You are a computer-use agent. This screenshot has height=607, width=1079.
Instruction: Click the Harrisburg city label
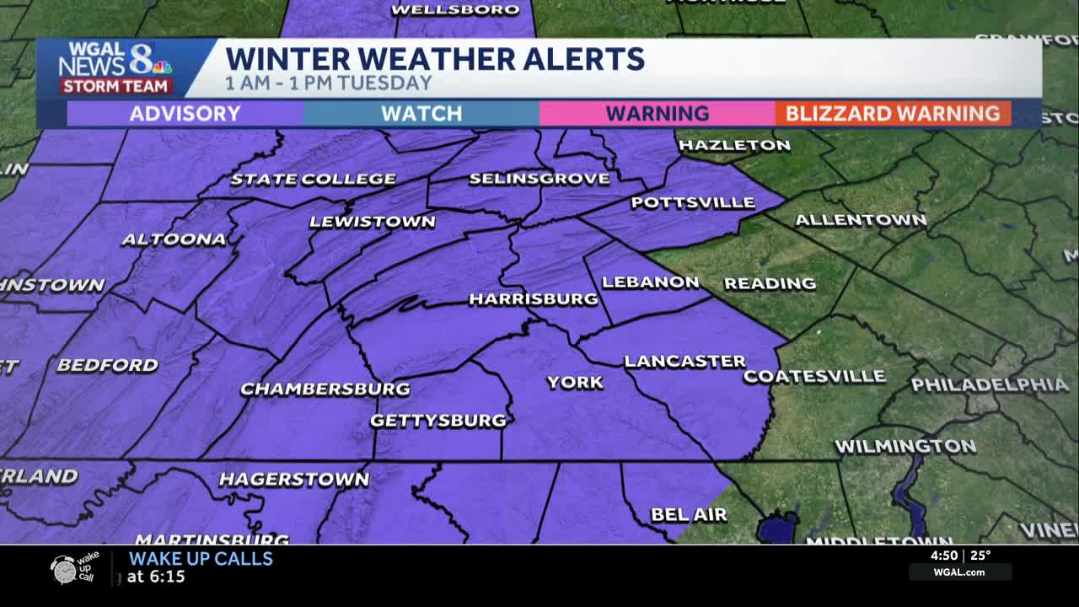tap(533, 299)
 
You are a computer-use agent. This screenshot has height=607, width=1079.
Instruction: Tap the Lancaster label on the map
tap(684, 361)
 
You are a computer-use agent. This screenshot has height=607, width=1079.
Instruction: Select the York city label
tap(575, 383)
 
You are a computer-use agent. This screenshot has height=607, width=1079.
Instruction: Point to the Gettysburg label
tap(438, 420)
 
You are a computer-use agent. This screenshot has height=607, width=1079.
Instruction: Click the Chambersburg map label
tap(325, 389)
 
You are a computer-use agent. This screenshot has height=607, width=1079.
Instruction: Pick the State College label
tap(313, 179)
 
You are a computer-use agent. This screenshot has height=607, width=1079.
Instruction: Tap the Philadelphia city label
tap(989, 385)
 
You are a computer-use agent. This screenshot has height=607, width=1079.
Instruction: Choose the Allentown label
tap(861, 220)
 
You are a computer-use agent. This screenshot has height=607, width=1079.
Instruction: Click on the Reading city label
tap(770, 283)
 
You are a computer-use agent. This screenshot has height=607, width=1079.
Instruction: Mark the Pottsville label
tap(693, 202)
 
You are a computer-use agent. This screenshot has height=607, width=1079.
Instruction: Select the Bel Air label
tap(689, 514)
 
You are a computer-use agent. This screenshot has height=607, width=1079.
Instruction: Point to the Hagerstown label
tap(293, 480)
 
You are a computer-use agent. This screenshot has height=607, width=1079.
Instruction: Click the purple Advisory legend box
tap(185, 114)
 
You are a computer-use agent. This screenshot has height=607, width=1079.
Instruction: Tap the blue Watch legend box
tap(421, 114)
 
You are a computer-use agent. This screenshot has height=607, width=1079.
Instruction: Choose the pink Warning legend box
tap(657, 114)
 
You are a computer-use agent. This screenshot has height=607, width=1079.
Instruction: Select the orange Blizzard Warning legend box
tap(893, 114)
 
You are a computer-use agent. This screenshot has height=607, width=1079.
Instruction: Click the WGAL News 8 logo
tap(115, 67)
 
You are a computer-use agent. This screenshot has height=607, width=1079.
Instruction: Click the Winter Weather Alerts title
tap(435, 59)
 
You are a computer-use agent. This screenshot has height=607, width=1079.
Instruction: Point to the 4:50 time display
tap(943, 556)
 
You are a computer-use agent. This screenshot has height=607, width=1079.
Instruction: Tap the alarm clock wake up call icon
tap(64, 569)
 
